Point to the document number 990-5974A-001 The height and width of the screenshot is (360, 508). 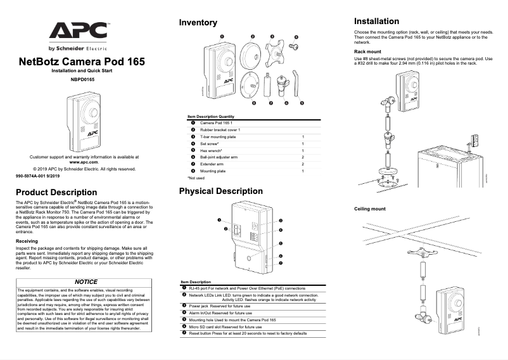[x=37, y=176]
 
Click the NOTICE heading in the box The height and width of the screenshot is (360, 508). [x=86, y=281]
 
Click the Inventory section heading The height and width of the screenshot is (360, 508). [x=198, y=23]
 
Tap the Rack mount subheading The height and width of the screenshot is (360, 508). [x=367, y=51]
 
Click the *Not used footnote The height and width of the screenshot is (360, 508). [x=196, y=178]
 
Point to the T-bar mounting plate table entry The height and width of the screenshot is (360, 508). [x=218, y=136]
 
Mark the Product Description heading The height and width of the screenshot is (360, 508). [x=56, y=192]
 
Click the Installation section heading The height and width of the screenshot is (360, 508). [x=376, y=21]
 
